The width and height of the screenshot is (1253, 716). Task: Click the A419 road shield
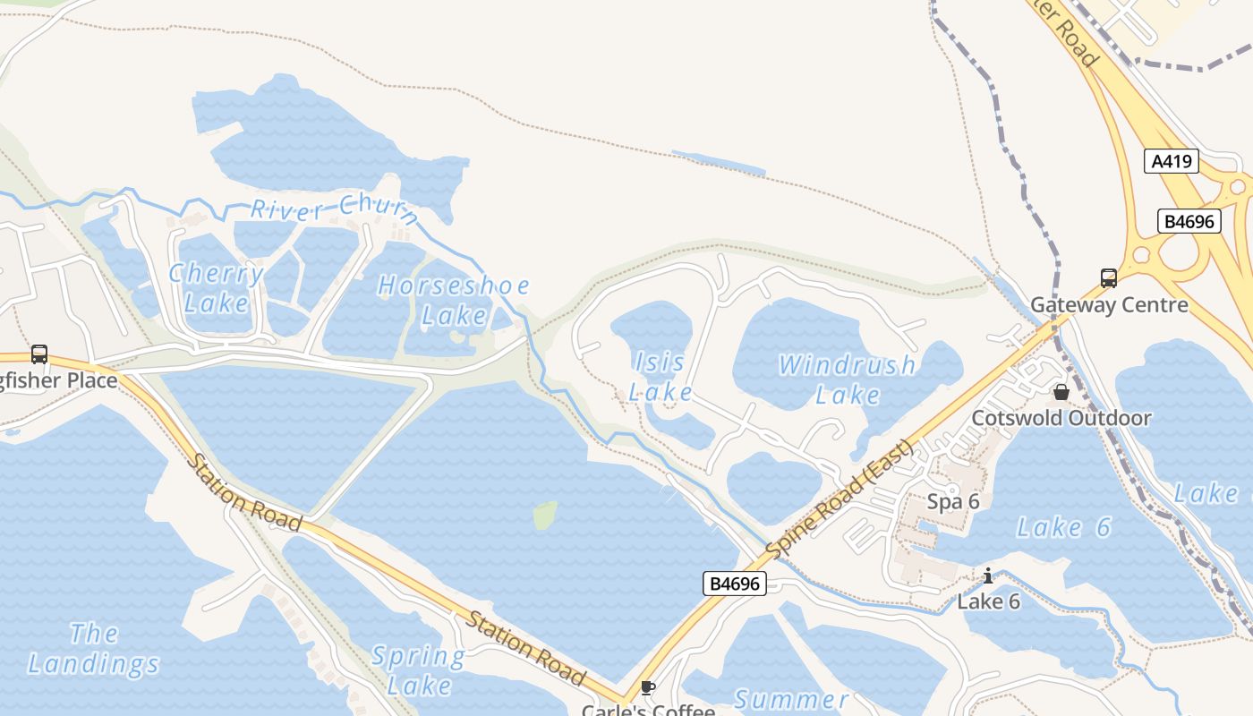pos(1172,161)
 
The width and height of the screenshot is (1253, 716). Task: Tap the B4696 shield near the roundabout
pos(1189,221)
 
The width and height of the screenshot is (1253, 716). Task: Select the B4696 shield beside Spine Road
pos(734,584)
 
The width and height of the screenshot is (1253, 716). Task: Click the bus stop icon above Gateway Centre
pos(1109,278)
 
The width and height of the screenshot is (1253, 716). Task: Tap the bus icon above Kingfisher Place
pos(39,354)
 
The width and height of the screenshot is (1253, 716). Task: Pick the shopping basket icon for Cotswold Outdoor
pos(1061,392)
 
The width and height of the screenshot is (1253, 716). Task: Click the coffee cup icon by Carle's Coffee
pos(648,687)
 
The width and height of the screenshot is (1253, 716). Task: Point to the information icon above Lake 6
pos(988,575)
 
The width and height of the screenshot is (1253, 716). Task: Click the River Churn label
pos(334,210)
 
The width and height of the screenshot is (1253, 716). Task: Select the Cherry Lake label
pos(217,287)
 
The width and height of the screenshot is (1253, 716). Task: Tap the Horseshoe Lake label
pos(454,300)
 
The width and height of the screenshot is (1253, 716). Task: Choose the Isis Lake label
pos(661,377)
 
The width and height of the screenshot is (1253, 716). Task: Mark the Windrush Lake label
pos(847,379)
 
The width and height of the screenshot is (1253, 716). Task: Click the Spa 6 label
pos(953,501)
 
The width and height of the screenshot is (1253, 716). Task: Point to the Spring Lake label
pos(418,670)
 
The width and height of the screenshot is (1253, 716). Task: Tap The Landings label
pos(93,649)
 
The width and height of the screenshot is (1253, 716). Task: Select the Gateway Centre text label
pos(1110,305)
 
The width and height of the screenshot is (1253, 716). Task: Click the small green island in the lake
pos(545,515)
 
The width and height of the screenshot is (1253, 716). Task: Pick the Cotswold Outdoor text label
pos(1061,418)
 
